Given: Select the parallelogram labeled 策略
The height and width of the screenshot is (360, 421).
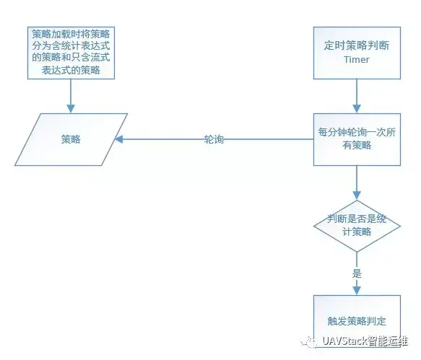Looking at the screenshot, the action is pyautogui.click(x=71, y=139).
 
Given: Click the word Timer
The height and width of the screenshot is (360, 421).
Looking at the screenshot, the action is pyautogui.click(x=357, y=60).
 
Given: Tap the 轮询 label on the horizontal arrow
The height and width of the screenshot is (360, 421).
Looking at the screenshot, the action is pyautogui.click(x=214, y=139).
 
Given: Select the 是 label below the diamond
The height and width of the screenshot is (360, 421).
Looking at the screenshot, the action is pyautogui.click(x=357, y=274).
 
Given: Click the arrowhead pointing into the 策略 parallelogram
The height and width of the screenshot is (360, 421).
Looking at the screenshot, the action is pyautogui.click(x=119, y=139).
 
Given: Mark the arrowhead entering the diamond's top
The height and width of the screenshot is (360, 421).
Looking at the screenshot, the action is pyautogui.click(x=357, y=196).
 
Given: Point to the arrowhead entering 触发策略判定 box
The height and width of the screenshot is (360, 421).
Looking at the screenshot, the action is pyautogui.click(x=357, y=291).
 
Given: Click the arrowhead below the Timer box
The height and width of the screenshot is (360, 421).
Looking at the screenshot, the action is pyautogui.click(x=357, y=109).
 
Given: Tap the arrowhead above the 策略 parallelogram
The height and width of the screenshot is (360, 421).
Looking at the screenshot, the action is pyautogui.click(x=71, y=109).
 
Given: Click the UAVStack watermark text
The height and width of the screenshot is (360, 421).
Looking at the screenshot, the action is pyautogui.click(x=365, y=341).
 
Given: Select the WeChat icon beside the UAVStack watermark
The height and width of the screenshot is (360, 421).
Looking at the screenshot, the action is pyautogui.click(x=309, y=342).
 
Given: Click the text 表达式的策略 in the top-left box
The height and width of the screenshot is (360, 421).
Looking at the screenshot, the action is pyautogui.click(x=71, y=70).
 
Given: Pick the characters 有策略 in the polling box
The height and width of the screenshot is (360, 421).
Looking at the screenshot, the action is pyautogui.click(x=357, y=146).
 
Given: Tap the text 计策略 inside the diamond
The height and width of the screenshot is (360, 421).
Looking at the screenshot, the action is pyautogui.click(x=357, y=232).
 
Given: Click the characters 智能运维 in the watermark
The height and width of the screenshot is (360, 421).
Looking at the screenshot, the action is pyautogui.click(x=388, y=341).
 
